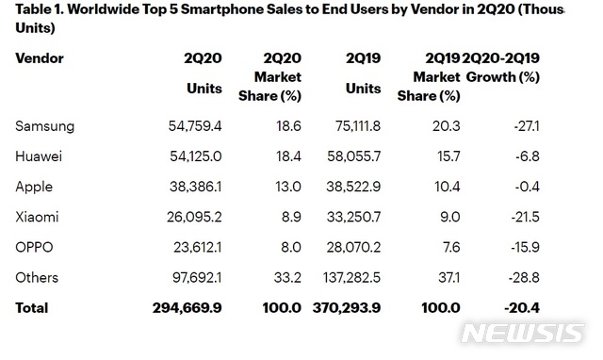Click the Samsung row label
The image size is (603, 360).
pos(44,126)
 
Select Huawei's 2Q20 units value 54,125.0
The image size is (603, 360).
pos(196,156)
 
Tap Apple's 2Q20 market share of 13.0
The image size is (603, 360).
pos(288,187)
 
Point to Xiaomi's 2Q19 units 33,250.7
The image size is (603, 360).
pos(354,218)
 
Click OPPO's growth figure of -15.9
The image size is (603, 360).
pos(526,247)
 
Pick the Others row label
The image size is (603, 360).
pos(37,278)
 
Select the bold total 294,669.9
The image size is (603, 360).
pos(187,308)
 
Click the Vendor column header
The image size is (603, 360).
pos(40,58)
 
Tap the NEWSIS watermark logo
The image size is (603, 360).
pos(523,333)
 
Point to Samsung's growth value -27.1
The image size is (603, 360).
pos(527,126)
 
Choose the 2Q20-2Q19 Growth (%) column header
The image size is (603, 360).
pos(501,67)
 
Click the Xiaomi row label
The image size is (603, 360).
pos(37,218)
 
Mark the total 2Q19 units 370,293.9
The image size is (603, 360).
pos(347,308)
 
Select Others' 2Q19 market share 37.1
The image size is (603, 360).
pos(449,278)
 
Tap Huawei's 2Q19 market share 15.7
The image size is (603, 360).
pos(448,156)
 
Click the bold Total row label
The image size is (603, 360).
pos(31,308)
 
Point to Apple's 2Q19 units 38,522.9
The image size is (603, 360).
pos(353,187)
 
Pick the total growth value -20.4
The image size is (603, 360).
pos(522,308)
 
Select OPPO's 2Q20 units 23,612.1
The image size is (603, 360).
pos(197,247)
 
